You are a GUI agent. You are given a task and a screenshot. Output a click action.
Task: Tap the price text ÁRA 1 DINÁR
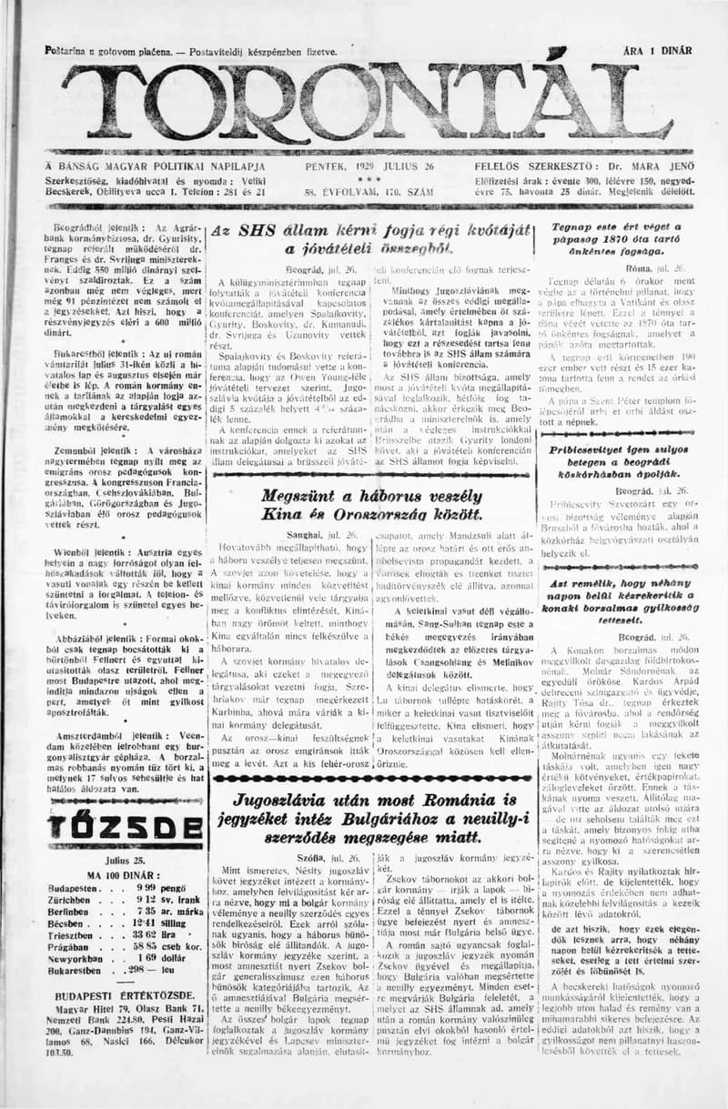point(657,52)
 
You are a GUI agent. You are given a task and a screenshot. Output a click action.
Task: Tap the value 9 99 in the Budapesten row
point(149,887)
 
